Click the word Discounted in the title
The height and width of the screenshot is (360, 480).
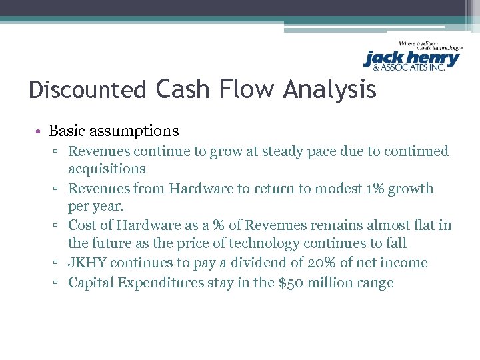point(87,89)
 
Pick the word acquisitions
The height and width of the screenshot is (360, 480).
point(107,169)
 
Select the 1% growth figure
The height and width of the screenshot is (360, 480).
point(369,189)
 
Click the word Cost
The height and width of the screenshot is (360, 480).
point(82,225)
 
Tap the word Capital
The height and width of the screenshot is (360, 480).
point(91,283)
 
